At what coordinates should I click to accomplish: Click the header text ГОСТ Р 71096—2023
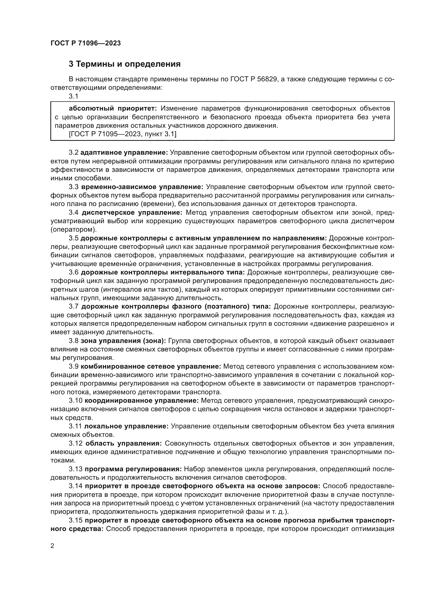(86, 43)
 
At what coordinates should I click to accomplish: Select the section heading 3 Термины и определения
(125, 64)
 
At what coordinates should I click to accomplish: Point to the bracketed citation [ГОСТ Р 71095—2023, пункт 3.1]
(123, 134)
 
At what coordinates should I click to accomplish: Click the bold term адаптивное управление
(124, 152)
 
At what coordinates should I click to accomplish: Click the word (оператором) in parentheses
(73, 230)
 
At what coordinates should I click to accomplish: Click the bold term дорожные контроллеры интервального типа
(162, 272)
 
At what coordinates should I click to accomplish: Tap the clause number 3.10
(76, 401)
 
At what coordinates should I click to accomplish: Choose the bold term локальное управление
(126, 426)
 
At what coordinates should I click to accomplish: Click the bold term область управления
(123, 444)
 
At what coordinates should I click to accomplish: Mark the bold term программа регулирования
(133, 469)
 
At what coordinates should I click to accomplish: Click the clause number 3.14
(76, 486)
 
